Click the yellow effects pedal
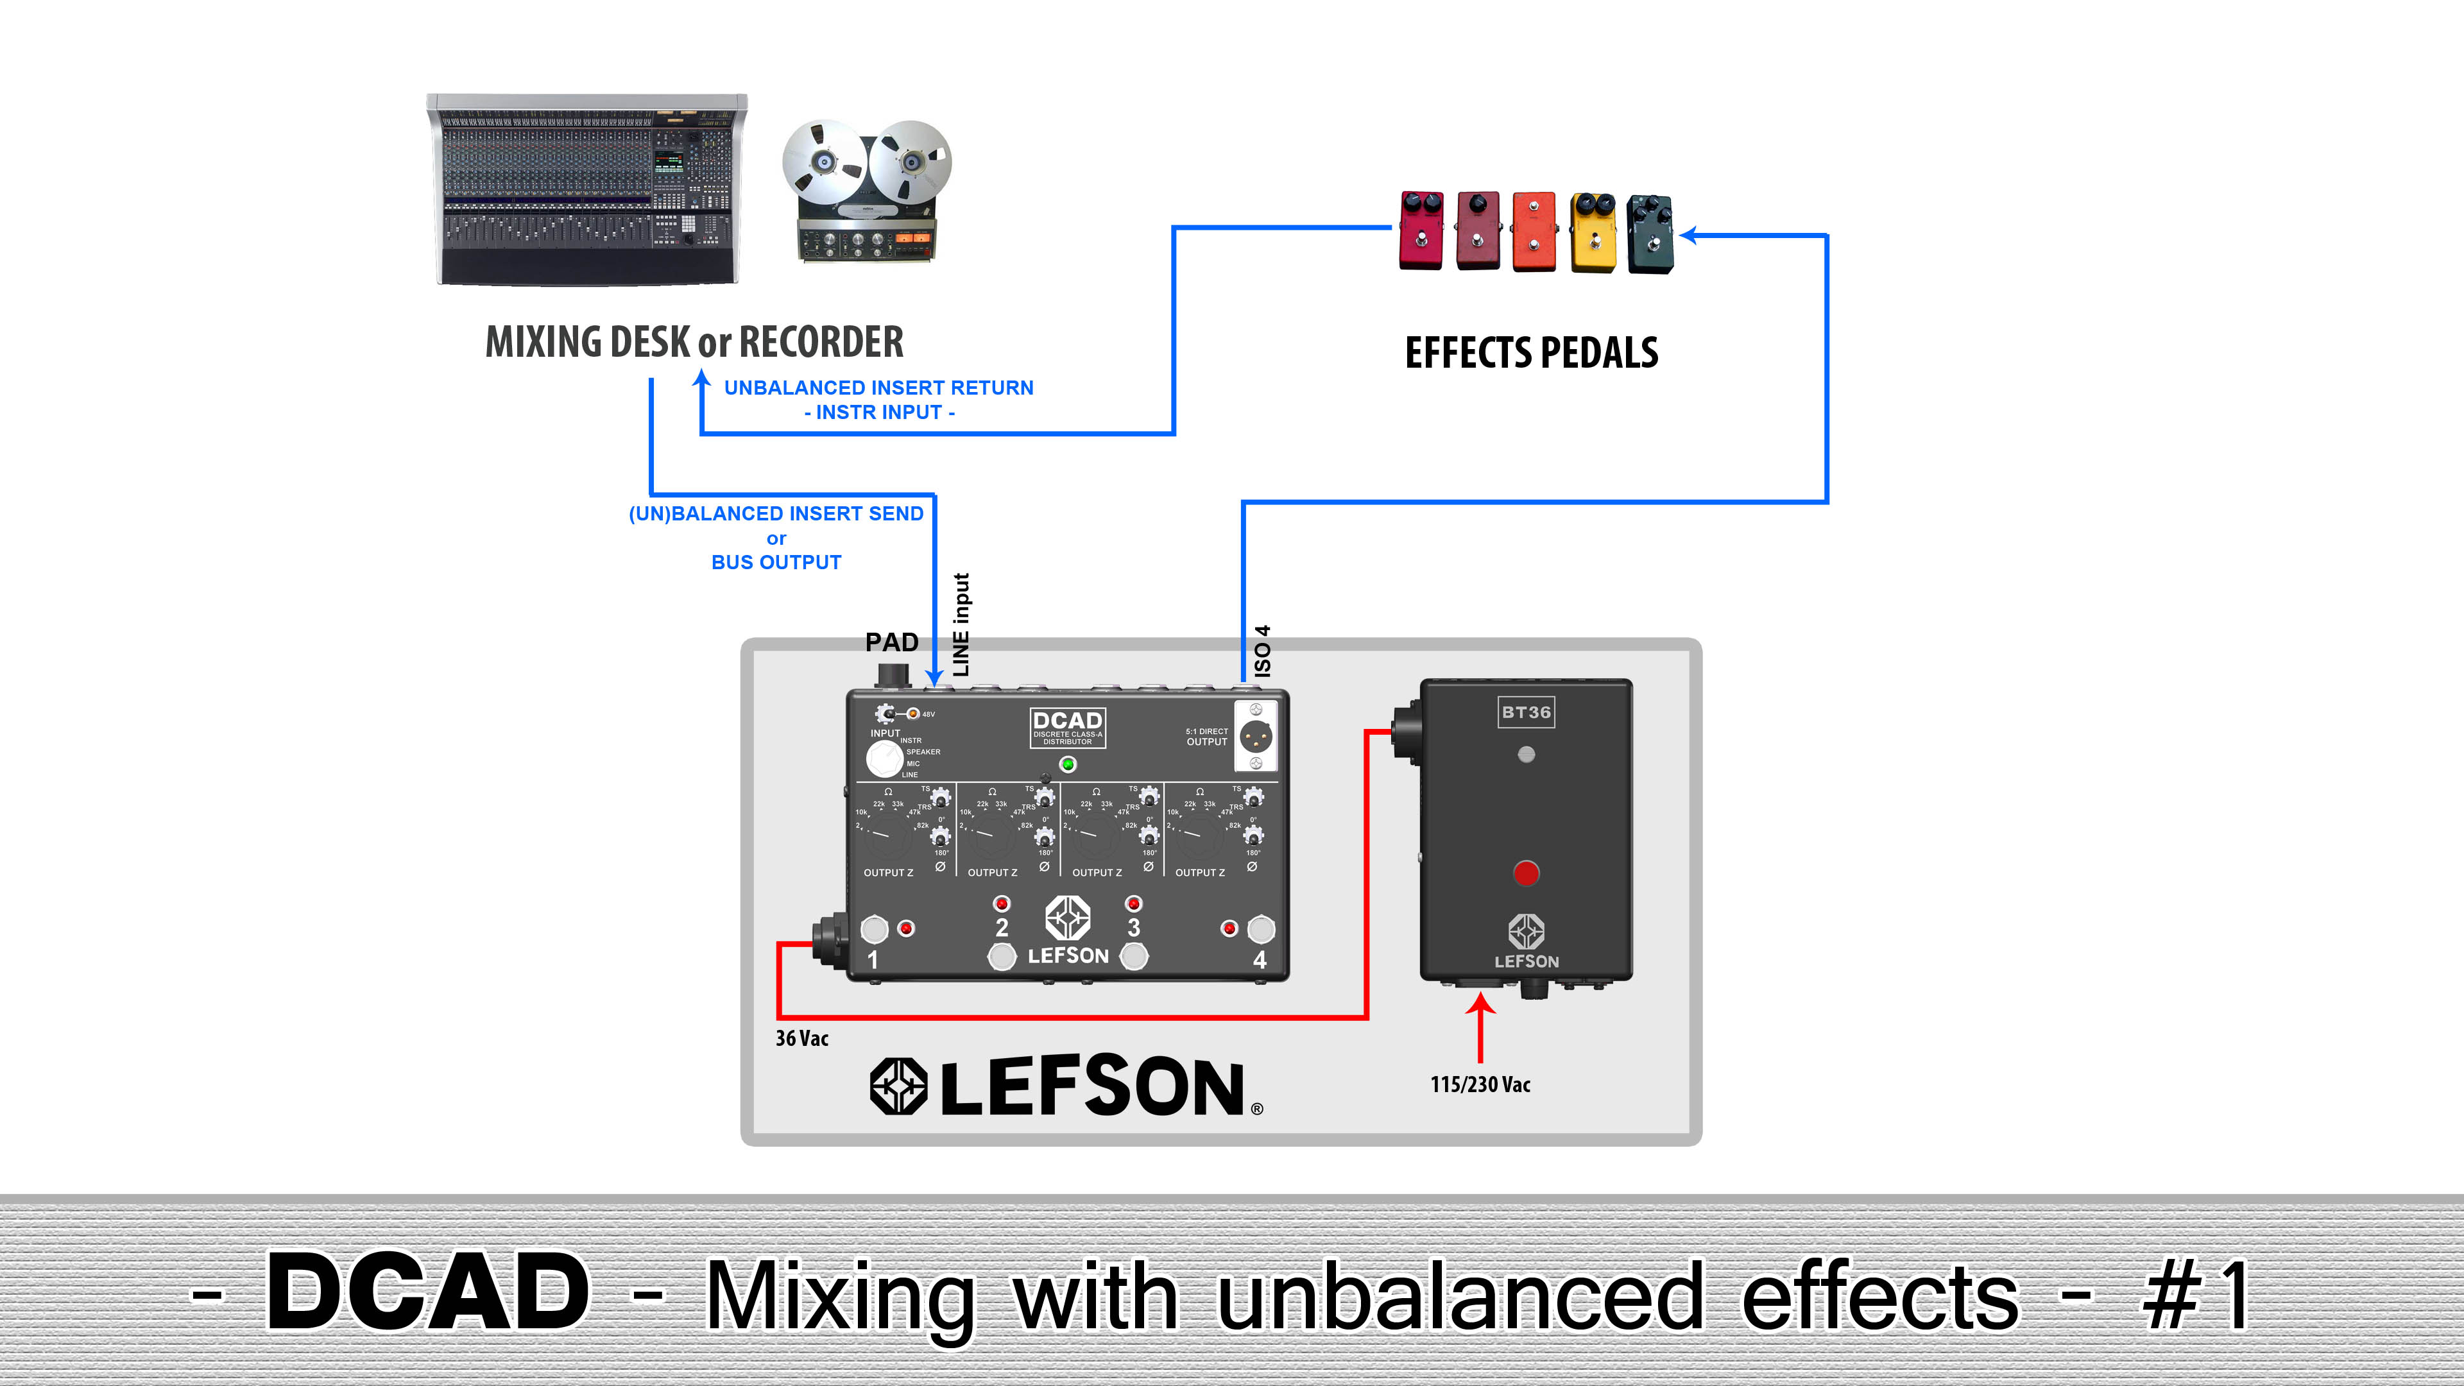[x=1593, y=232]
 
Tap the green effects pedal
[x=1650, y=234]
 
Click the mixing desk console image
[x=586, y=189]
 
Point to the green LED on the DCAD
[x=1068, y=764]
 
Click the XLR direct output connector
[x=1255, y=737]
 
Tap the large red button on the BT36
[x=1526, y=873]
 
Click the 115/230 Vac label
[x=1480, y=1084]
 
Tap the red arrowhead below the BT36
[x=1481, y=1004]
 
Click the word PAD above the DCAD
[x=891, y=642]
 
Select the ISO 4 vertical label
[x=1263, y=651]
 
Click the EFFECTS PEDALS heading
[x=1532, y=353]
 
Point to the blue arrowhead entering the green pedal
[x=1690, y=234]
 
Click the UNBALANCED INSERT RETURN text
[x=878, y=388]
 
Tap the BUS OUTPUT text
[x=776, y=563]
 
